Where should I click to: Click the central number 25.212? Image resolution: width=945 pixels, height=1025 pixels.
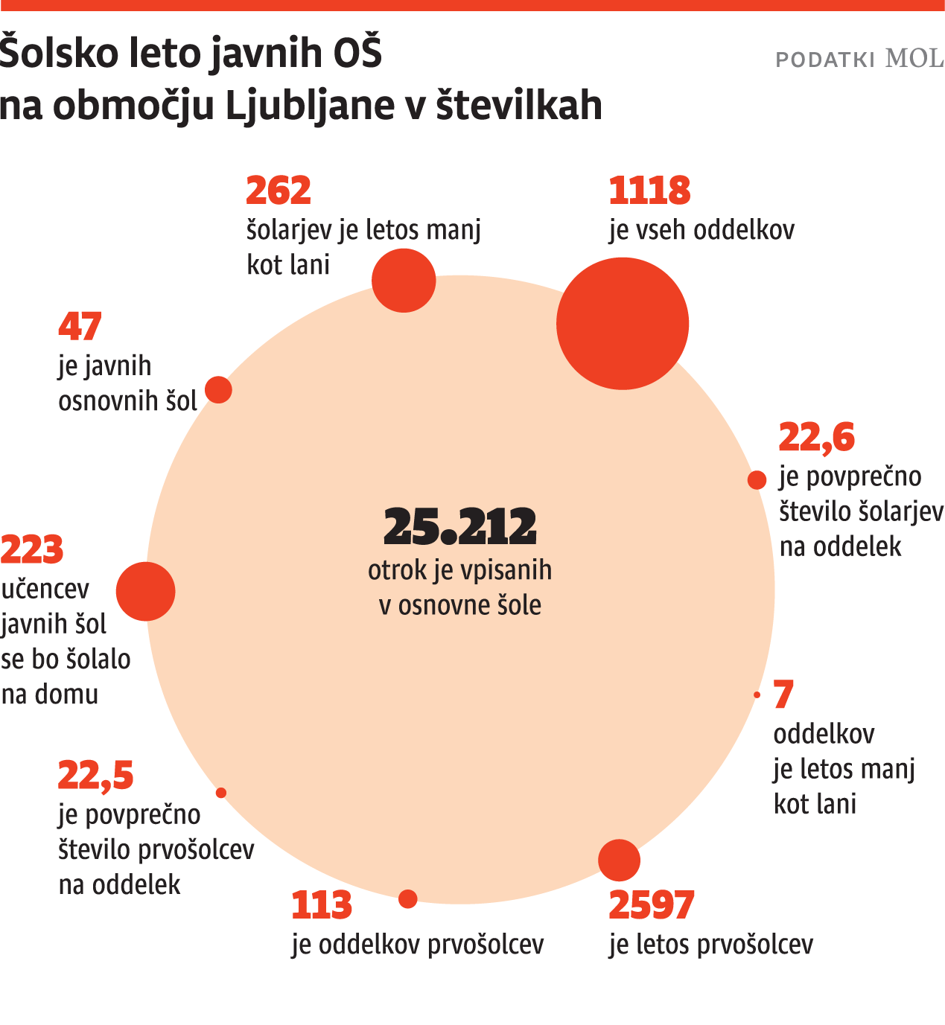pos(459,526)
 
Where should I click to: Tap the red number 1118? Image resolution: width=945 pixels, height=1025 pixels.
pos(649,191)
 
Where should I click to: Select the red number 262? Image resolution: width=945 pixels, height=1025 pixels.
pos(278,191)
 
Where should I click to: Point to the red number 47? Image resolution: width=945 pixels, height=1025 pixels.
pos(80,327)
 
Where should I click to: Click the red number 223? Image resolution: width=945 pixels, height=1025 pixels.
pos(32,550)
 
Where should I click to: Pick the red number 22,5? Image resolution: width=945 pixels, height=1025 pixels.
pos(95,776)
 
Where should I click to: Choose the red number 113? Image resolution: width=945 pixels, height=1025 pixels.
pos(321,905)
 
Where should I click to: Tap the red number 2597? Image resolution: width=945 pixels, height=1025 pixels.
pos(651,905)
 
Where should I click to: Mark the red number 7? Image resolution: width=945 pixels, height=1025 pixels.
pos(783,694)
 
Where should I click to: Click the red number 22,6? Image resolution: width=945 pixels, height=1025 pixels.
pos(816,437)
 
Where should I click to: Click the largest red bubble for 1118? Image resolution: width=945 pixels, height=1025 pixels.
pos(623,324)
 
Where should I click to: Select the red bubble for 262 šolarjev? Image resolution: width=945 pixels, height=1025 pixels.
pos(404,281)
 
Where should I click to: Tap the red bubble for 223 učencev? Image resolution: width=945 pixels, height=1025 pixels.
pos(146,591)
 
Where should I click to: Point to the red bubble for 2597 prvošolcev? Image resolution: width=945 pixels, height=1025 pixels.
pos(619,860)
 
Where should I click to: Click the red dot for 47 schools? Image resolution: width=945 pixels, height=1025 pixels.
pos(218,389)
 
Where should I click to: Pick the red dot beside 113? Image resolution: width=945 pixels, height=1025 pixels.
pos(408,899)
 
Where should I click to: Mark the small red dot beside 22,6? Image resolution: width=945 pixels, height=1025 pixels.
pos(757,480)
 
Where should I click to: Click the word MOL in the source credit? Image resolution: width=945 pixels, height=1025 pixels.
pos(914,58)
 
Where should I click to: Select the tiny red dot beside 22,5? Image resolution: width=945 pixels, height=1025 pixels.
pos(221,793)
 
